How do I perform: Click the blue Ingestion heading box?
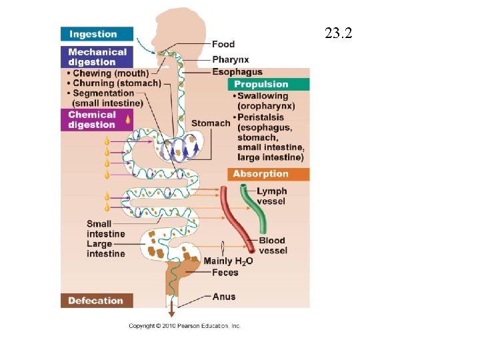[96, 34]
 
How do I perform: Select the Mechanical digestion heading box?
[96, 57]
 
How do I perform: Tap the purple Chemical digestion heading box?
[96, 119]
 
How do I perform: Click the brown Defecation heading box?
[96, 301]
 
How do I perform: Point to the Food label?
[223, 44]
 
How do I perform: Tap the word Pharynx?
[230, 59]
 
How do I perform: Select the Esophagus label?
[237, 72]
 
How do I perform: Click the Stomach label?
[210, 123]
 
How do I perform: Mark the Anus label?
[223, 296]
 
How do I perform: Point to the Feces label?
[225, 272]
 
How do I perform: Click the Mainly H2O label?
[228, 261]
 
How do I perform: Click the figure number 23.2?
[338, 33]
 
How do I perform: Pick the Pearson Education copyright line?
[185, 326]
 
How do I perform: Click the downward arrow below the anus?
[171, 311]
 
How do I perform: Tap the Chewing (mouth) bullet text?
[110, 73]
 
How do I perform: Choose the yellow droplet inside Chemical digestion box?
[127, 119]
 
